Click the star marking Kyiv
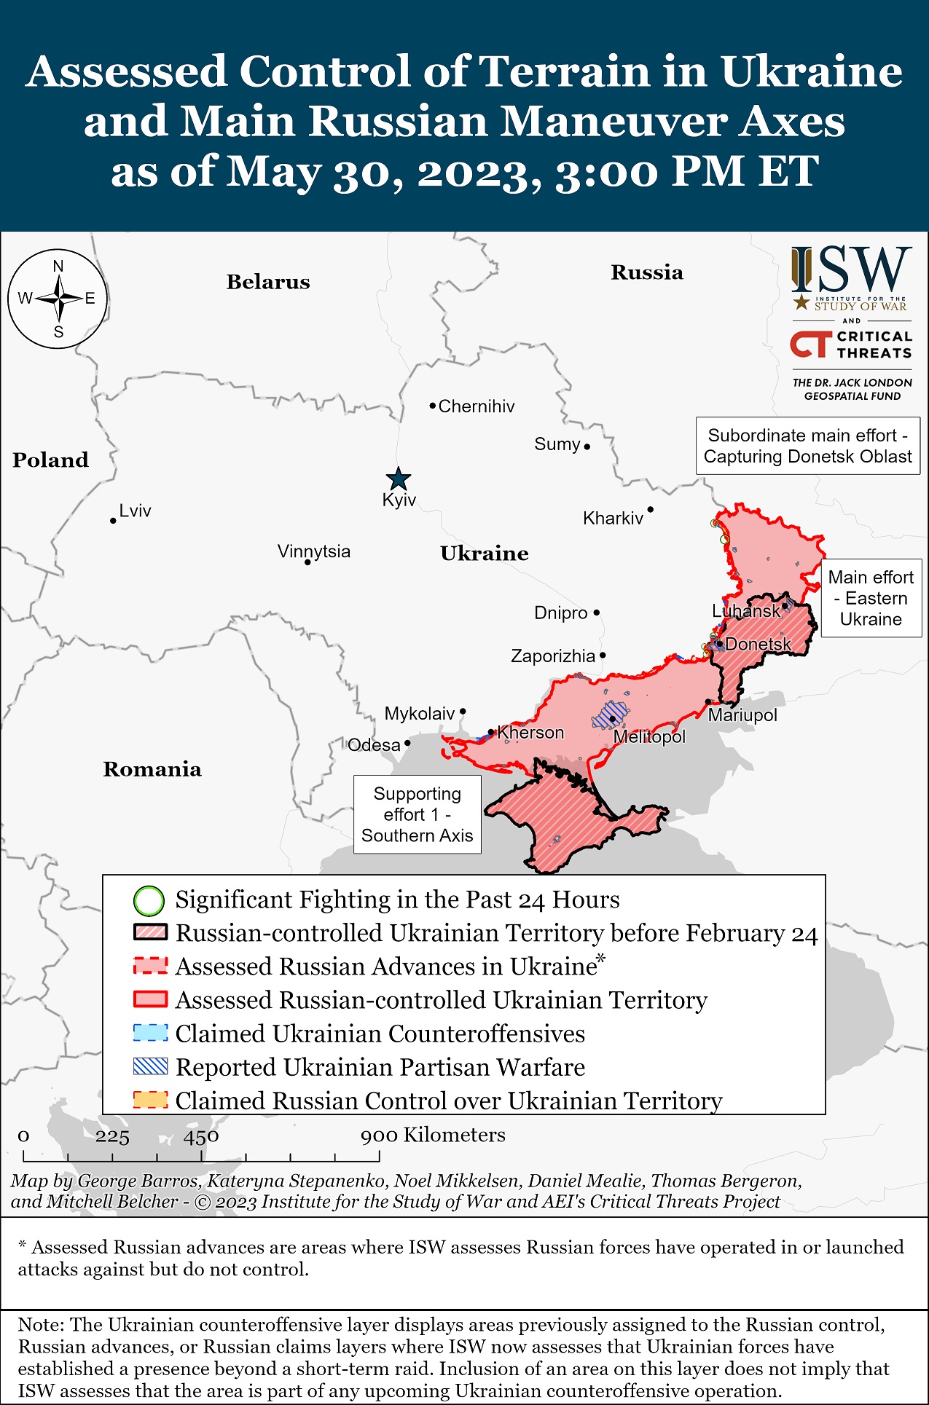pyautogui.click(x=398, y=479)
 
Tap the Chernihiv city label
pyautogui.click(x=476, y=406)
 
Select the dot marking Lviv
pyautogui.click(x=113, y=521)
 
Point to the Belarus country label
pyautogui.click(x=268, y=282)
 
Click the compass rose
pyautogui.click(x=58, y=299)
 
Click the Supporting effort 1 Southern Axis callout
pyautogui.click(x=417, y=814)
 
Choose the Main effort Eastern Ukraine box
pyautogui.click(x=871, y=598)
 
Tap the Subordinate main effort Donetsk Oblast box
pyautogui.click(x=807, y=446)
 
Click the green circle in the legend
pyautogui.click(x=149, y=901)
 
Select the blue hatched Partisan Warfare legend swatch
pyautogui.click(x=151, y=1066)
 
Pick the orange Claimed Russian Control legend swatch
pyautogui.click(x=151, y=1100)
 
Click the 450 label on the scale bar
pyautogui.click(x=201, y=1136)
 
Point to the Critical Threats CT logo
pyautogui.click(x=811, y=345)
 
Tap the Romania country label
pyautogui.click(x=152, y=769)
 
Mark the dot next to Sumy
pyautogui.click(x=587, y=446)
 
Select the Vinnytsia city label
pyautogui.click(x=313, y=551)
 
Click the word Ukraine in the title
pyautogui.click(x=811, y=71)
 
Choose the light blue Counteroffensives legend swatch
pyautogui.click(x=151, y=1033)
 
